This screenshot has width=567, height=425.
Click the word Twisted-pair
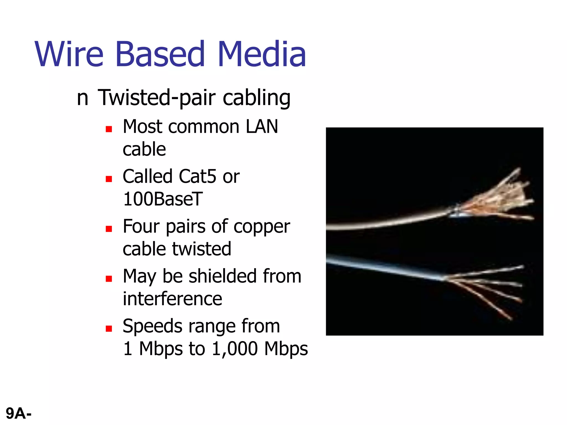pos(157,98)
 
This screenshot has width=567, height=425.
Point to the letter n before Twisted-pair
pos(82,99)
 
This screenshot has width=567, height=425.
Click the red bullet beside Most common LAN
pos(109,129)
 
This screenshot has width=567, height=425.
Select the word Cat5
pos(197,177)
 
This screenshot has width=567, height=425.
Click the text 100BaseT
pos(163,199)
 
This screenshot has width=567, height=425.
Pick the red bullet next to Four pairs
pos(109,229)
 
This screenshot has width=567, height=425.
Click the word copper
pos(262,227)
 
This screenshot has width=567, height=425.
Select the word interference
pos(172,299)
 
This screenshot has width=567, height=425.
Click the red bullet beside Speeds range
pos(109,329)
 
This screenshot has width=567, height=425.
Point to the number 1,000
pos(235,349)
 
